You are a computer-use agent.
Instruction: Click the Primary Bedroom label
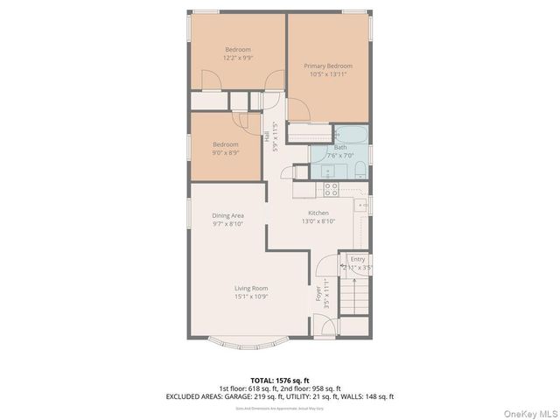pos(328,66)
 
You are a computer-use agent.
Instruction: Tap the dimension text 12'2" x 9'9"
pos(238,58)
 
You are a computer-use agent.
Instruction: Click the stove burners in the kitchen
pos(332,188)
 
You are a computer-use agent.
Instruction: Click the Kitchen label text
pos(318,213)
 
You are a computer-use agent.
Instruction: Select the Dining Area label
pos(227,215)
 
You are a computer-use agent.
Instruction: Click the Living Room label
pos(250,288)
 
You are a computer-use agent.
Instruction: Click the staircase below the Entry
pos(356,306)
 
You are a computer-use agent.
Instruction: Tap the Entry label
pos(357,259)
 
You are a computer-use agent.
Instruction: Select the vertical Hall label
pos(267,136)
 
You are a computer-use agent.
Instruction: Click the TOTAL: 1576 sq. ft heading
pos(279,380)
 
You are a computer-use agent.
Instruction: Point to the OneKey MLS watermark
pos(528,411)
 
